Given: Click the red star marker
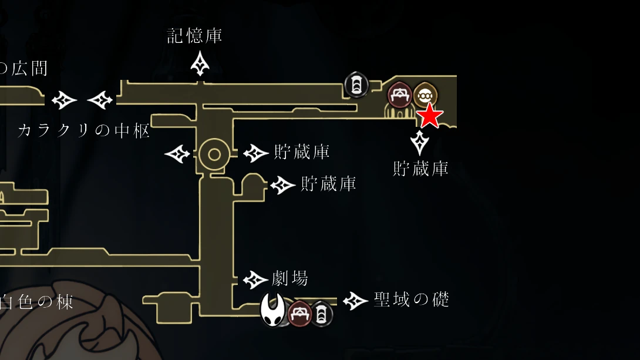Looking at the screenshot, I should tap(430, 116).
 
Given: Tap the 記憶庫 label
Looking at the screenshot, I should tap(194, 36).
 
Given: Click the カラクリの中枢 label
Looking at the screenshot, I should tap(84, 130).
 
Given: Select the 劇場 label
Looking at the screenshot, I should tap(290, 278).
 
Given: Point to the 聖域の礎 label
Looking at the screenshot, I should tap(412, 300).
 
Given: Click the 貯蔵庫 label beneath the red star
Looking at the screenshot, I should tap(420, 169).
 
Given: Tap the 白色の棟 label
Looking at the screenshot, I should tap(36, 302).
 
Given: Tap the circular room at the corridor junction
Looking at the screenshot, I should tap(214, 155).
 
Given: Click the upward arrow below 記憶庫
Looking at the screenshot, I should tap(201, 63).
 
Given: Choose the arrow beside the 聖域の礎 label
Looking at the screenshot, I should tap(356, 301).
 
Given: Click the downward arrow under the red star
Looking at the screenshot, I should tap(420, 143).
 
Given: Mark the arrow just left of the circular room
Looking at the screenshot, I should tap(177, 155).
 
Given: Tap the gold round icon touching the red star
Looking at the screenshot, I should tap(425, 94).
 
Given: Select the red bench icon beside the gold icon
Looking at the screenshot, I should tap(400, 94).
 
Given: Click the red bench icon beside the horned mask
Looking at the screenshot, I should tap(299, 312).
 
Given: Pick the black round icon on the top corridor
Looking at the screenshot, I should tap(355, 85).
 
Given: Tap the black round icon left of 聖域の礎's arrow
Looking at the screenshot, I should tap(321, 314).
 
